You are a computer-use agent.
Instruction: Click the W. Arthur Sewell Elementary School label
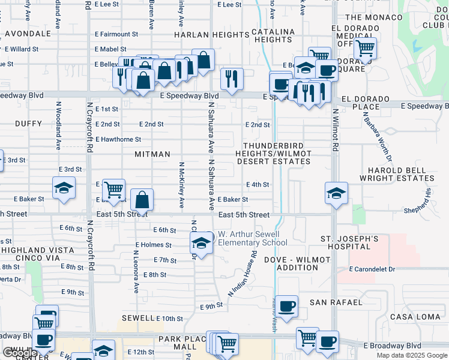pyautogui.click(x=252, y=238)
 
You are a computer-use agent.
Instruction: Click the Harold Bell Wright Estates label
pyautogui.click(x=397, y=174)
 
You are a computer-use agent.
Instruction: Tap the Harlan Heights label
pyautogui.click(x=203, y=35)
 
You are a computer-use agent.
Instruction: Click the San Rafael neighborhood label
pyautogui.click(x=336, y=302)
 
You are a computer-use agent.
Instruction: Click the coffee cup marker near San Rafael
pyautogui.click(x=287, y=305)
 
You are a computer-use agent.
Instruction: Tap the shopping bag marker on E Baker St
pyautogui.click(x=142, y=199)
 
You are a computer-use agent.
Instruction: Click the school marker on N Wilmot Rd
pyautogui.click(x=337, y=193)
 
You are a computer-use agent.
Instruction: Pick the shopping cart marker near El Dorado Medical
pyautogui.click(x=365, y=47)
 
